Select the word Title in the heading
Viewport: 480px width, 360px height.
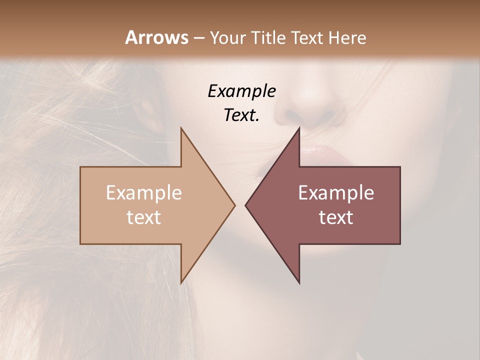click(x=270, y=37)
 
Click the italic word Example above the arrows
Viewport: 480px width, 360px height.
click(x=241, y=91)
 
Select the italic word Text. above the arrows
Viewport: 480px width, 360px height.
click(x=241, y=115)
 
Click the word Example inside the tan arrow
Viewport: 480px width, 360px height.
click(x=144, y=193)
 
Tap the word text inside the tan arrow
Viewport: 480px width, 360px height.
click(x=144, y=217)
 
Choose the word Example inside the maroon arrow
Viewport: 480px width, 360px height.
click(x=336, y=193)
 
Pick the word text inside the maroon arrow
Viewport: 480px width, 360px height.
click(x=336, y=217)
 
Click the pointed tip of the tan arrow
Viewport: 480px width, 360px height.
click(x=234, y=205)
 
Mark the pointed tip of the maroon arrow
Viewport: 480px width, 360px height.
click(x=246, y=205)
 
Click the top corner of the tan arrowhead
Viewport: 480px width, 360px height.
click(x=181, y=128)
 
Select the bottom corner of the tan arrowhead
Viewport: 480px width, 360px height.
click(x=181, y=282)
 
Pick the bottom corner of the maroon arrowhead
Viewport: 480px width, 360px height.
click(x=299, y=282)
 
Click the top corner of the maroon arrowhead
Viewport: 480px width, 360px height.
click(x=299, y=128)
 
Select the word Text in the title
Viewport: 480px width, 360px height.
click(x=308, y=37)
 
